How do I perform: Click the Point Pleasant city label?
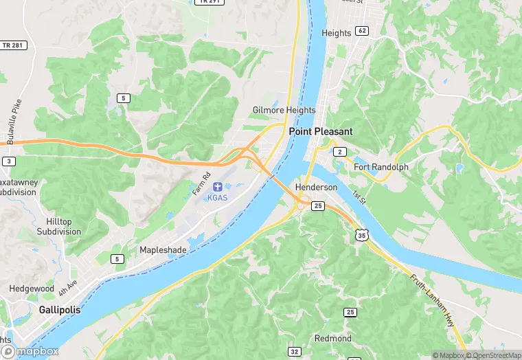(321, 131)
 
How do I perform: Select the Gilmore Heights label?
(284, 110)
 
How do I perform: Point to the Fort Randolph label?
(381, 167)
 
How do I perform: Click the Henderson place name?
(316, 188)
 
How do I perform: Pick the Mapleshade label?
(163, 250)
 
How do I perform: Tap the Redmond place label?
(333, 338)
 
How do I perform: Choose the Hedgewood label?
(30, 289)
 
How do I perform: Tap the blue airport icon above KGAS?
(218, 186)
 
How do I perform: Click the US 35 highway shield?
(362, 235)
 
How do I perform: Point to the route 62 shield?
(362, 31)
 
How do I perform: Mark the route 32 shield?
(295, 352)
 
